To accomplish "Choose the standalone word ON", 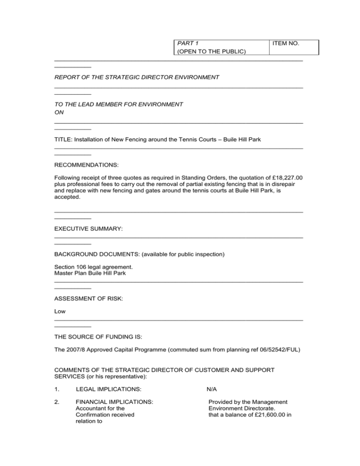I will (x=59, y=113).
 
